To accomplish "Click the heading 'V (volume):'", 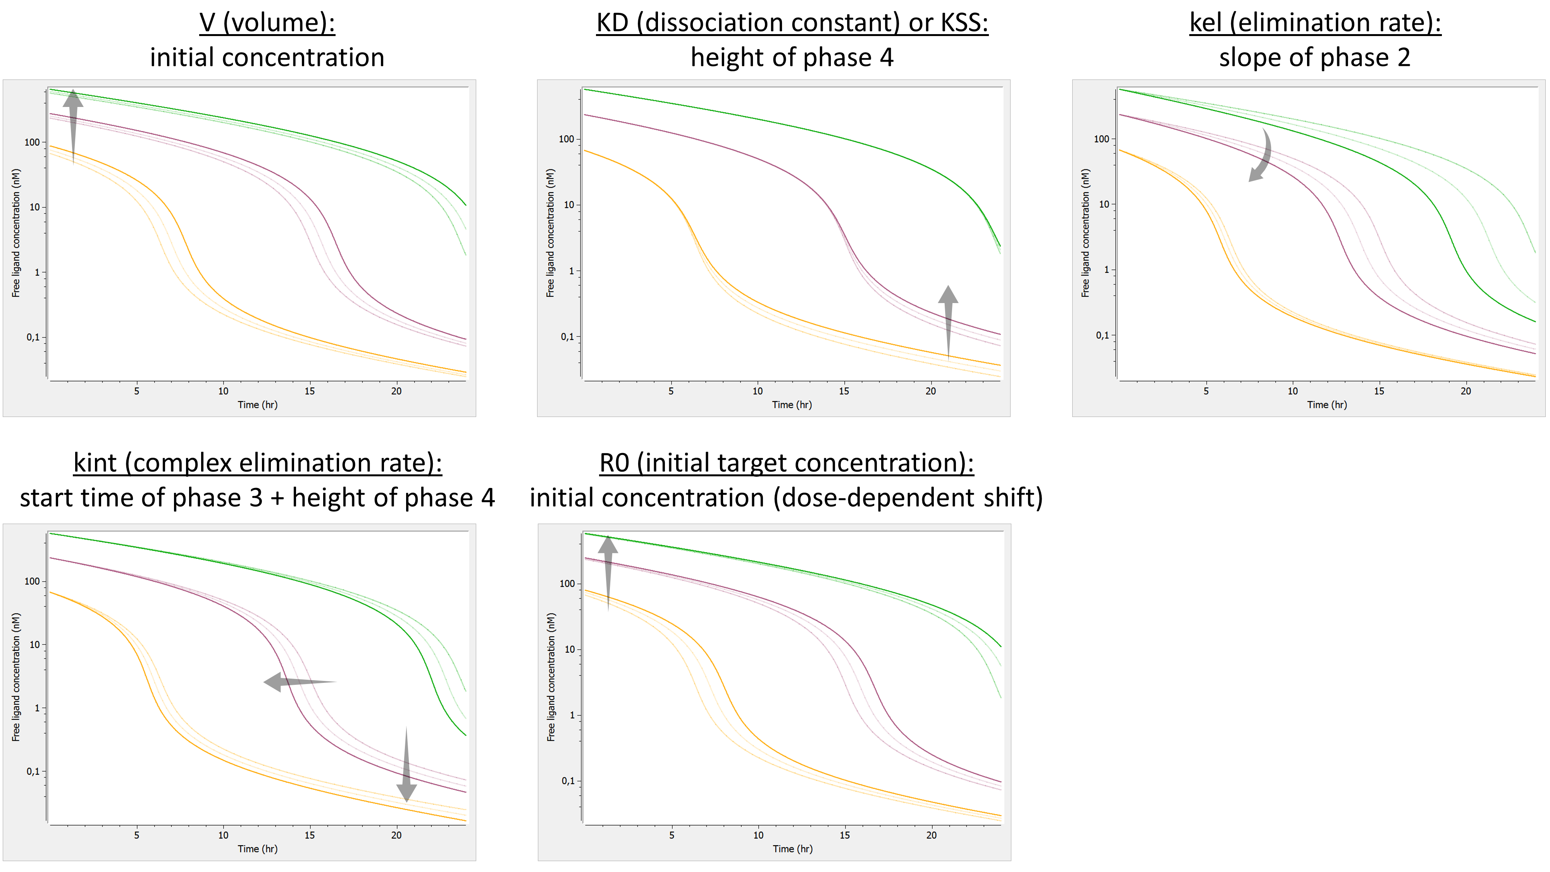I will (x=267, y=23).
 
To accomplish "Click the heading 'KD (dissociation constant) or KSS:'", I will (x=792, y=23).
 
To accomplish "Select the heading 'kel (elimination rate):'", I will (x=1315, y=23).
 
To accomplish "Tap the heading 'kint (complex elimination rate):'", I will (x=258, y=463).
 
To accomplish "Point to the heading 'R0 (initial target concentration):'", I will (x=787, y=463).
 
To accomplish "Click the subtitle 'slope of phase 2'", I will (x=1315, y=58).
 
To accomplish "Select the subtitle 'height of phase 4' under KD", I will (x=792, y=58).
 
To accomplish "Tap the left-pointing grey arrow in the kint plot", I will (x=298, y=682).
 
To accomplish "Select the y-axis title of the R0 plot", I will (x=551, y=677).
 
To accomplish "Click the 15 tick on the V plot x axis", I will (x=309, y=391).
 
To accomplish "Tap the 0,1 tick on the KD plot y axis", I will (x=567, y=337).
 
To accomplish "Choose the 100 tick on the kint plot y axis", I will (x=32, y=581).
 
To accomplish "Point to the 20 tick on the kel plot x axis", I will (x=1466, y=391).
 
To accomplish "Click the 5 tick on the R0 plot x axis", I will (x=672, y=835).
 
